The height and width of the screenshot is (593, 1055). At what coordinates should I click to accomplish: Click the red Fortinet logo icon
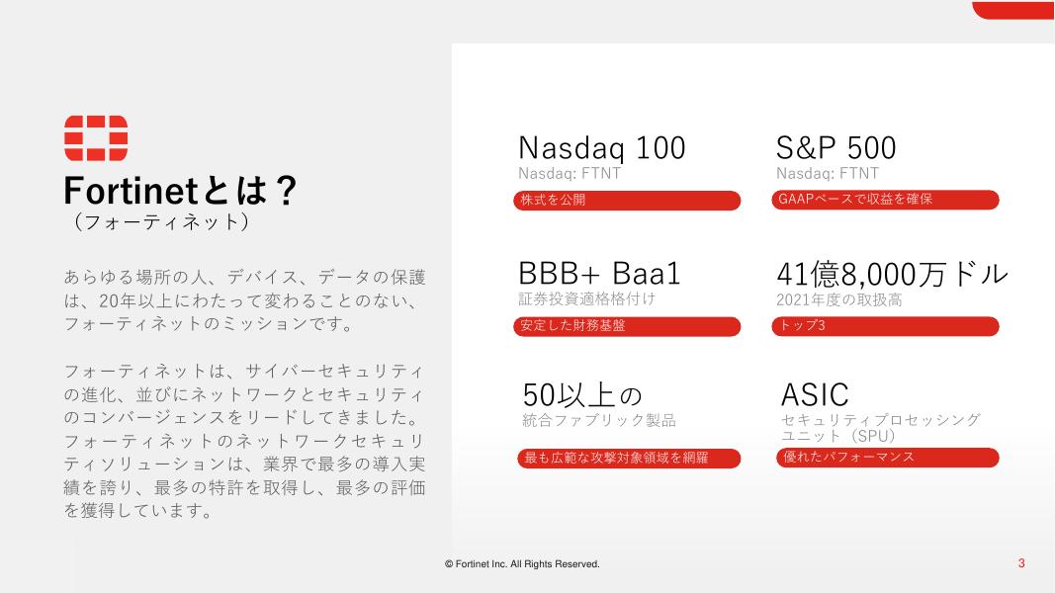click(96, 137)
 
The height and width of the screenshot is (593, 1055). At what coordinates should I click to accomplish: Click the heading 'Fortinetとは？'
click(180, 191)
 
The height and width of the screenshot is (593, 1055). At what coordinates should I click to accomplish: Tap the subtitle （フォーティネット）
click(161, 221)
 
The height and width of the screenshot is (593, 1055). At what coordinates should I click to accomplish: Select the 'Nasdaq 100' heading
click(601, 148)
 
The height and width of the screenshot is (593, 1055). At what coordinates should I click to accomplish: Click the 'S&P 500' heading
click(835, 148)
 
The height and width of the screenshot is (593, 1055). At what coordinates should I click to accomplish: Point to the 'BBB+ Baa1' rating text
click(599, 274)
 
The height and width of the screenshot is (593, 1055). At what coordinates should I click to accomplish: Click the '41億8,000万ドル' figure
click(892, 274)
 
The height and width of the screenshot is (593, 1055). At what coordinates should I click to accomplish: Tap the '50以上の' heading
click(582, 394)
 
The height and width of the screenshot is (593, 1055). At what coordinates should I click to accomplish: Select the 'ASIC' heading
click(814, 394)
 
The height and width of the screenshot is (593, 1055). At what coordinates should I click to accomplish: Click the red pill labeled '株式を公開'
click(627, 201)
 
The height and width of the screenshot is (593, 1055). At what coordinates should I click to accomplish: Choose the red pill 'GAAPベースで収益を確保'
click(886, 200)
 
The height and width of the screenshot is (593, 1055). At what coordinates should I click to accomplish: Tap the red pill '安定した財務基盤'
click(627, 326)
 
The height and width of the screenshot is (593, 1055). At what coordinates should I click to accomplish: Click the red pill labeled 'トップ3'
click(886, 326)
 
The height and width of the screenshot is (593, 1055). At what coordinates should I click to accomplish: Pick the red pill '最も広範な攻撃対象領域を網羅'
click(629, 458)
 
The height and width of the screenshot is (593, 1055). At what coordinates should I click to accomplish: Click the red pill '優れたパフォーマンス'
click(888, 458)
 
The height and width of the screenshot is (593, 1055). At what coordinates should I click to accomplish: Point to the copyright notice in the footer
click(522, 564)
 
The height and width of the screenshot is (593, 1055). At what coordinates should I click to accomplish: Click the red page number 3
click(1021, 563)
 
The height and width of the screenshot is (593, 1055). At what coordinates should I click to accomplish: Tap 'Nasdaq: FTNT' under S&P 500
click(828, 174)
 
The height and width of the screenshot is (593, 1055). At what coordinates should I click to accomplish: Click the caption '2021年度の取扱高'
click(839, 299)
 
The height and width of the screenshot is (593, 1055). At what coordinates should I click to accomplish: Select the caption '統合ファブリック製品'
click(599, 421)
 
